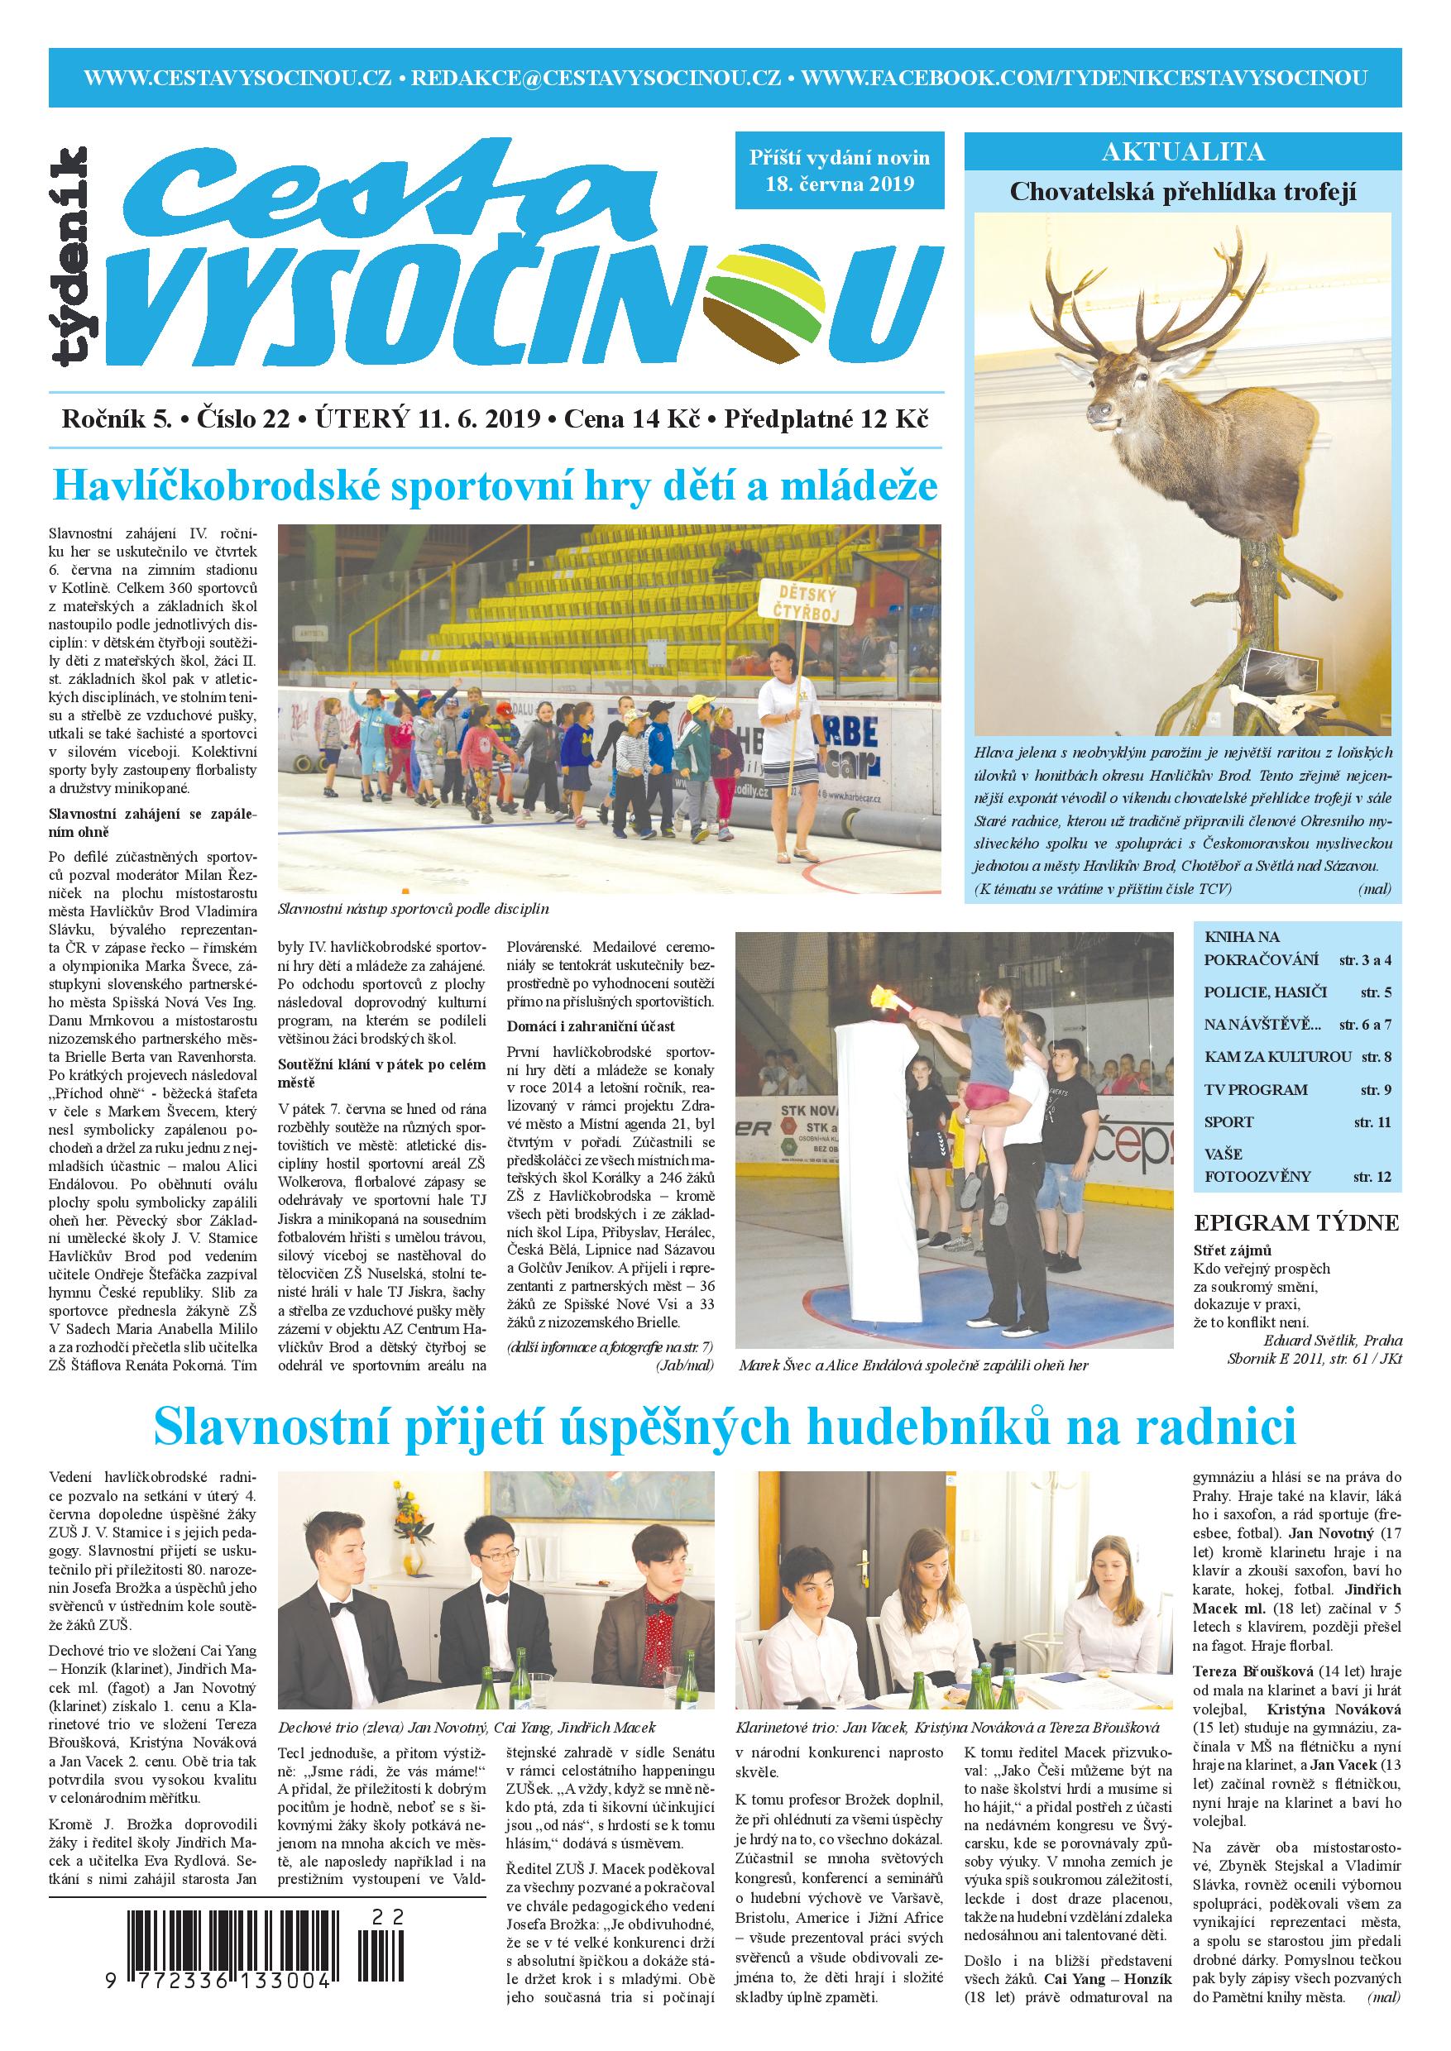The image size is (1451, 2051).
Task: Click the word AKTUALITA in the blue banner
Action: [1183, 152]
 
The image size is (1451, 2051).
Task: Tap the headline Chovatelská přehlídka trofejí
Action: [1183, 192]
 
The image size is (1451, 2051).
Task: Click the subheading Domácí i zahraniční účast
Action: [591, 1026]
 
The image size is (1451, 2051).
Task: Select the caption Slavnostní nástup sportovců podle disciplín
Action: [413, 910]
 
